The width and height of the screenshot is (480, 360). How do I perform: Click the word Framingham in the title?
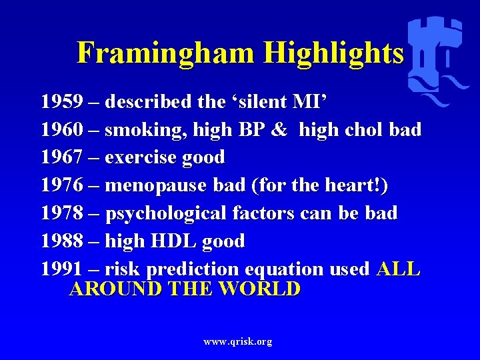(x=167, y=52)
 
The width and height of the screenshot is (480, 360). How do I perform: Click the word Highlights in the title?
(x=333, y=52)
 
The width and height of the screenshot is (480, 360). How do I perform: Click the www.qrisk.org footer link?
(x=238, y=341)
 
